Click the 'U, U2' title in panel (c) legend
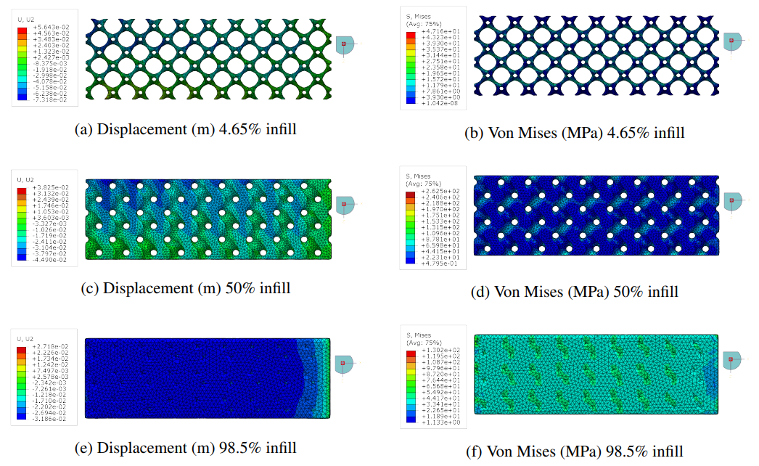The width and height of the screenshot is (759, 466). pyautogui.click(x=25, y=179)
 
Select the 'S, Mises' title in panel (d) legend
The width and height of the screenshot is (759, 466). pyautogui.click(x=417, y=175)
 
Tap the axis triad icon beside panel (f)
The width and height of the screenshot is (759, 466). pyautogui.click(x=732, y=358)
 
